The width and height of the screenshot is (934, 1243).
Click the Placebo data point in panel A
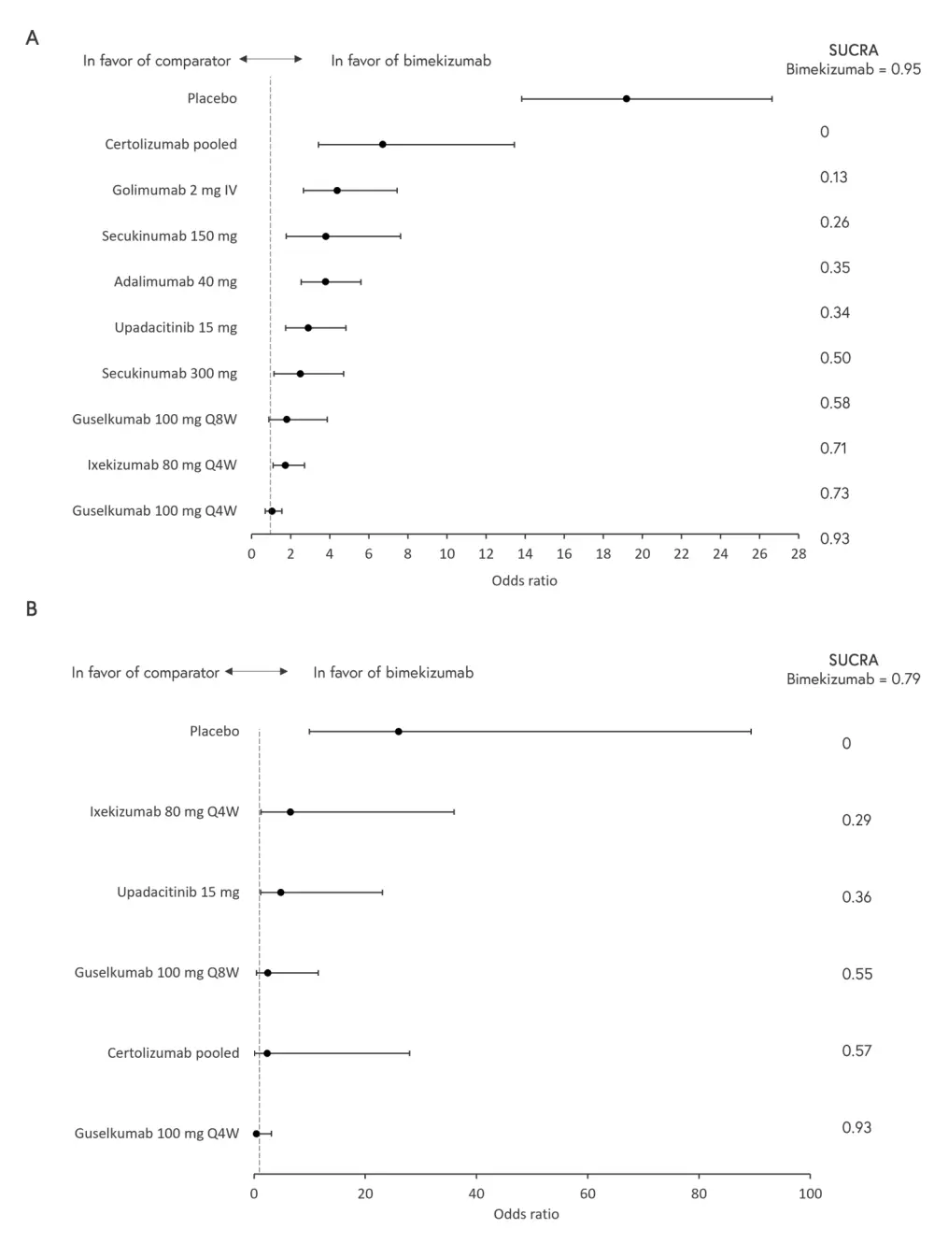click(x=627, y=98)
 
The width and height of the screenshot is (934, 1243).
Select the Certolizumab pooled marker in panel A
click(x=383, y=144)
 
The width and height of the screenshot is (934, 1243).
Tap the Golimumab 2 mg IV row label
click(x=175, y=190)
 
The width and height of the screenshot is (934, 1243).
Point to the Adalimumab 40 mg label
click(x=176, y=281)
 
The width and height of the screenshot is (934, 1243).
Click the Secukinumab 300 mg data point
click(x=300, y=374)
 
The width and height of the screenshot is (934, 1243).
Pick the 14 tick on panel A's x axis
click(x=525, y=553)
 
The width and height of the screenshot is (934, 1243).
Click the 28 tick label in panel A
click(x=799, y=553)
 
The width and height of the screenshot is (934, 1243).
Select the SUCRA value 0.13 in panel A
click(x=834, y=177)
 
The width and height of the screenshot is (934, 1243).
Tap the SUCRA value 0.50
click(x=835, y=358)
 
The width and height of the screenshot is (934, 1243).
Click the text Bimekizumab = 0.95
click(x=853, y=69)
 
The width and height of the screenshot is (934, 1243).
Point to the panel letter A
click(x=32, y=38)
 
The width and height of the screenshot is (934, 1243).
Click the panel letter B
click(x=32, y=608)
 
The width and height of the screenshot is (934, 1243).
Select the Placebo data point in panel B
click(x=399, y=731)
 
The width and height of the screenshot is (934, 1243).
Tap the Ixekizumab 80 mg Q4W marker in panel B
click(x=290, y=811)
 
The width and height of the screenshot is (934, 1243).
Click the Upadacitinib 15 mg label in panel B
click(x=178, y=892)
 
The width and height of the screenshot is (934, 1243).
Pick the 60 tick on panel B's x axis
click(x=587, y=1193)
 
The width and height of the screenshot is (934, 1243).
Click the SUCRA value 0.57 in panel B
click(x=856, y=1050)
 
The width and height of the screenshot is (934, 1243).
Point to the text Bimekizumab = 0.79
click(x=853, y=679)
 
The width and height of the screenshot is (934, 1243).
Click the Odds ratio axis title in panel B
click(x=526, y=1214)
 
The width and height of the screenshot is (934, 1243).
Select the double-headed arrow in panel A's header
click(x=271, y=59)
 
